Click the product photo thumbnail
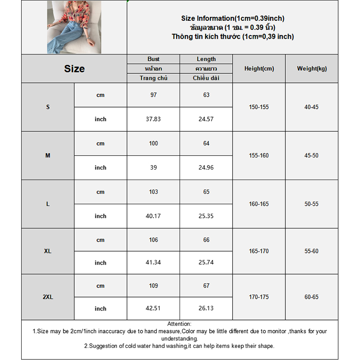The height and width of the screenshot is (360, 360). tap(74, 27)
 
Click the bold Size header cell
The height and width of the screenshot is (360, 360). tap(74, 69)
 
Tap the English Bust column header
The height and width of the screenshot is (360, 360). tap(153, 59)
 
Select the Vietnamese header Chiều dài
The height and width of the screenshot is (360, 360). tap(206, 78)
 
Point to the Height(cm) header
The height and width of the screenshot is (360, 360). tap(259, 69)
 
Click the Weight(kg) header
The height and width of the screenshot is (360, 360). tap(312, 69)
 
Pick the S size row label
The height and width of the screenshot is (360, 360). tap(48, 107)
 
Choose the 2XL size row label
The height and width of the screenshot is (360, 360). tap(48, 297)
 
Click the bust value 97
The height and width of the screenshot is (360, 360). tap(153, 95)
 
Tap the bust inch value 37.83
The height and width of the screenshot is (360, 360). tap(153, 119)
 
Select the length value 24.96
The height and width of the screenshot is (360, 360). tap(206, 167)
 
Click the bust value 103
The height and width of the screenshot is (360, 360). tap(153, 192)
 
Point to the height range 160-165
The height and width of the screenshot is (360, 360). tap(259, 204)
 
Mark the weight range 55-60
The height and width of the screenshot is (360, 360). tap(311, 251)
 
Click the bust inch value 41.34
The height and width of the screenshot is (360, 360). tap(153, 263)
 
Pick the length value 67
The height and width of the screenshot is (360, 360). tap(206, 286)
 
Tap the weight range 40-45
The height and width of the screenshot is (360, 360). tap(311, 107)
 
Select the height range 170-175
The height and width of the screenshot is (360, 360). tap(259, 297)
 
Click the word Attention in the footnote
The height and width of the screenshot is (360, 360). tap(179, 324)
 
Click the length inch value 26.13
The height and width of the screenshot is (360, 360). tap(206, 309)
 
